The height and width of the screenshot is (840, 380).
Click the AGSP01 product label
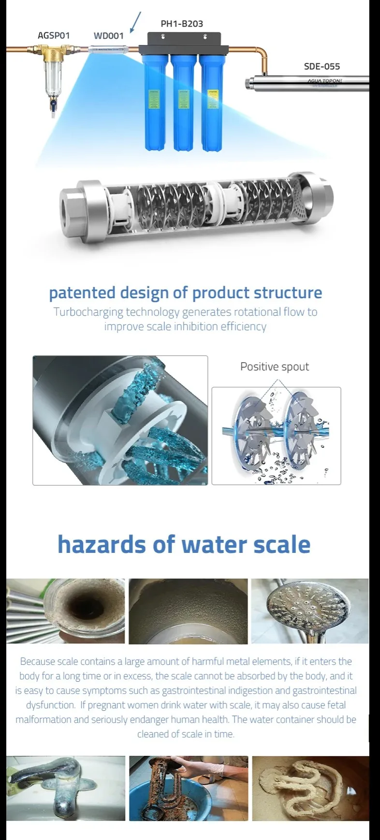pyautogui.click(x=54, y=35)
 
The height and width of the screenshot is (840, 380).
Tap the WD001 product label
pyautogui.click(x=108, y=35)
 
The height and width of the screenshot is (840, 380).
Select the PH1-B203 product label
pyautogui.click(x=182, y=23)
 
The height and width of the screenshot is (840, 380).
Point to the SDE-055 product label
pyautogui.click(x=322, y=66)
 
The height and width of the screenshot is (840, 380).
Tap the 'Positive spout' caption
pyautogui.click(x=275, y=367)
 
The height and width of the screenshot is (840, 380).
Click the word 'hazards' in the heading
pyautogui.click(x=101, y=544)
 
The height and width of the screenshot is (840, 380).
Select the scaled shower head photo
pyautogui.click(x=309, y=611)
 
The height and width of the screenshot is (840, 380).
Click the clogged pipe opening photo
pyautogui.click(x=66, y=611)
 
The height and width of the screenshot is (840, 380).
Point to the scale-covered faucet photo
pyautogui.click(x=66, y=788)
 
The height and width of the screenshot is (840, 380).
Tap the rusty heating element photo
pyautogui.click(x=189, y=788)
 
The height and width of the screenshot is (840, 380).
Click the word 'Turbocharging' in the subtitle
pyautogui.click(x=88, y=312)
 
